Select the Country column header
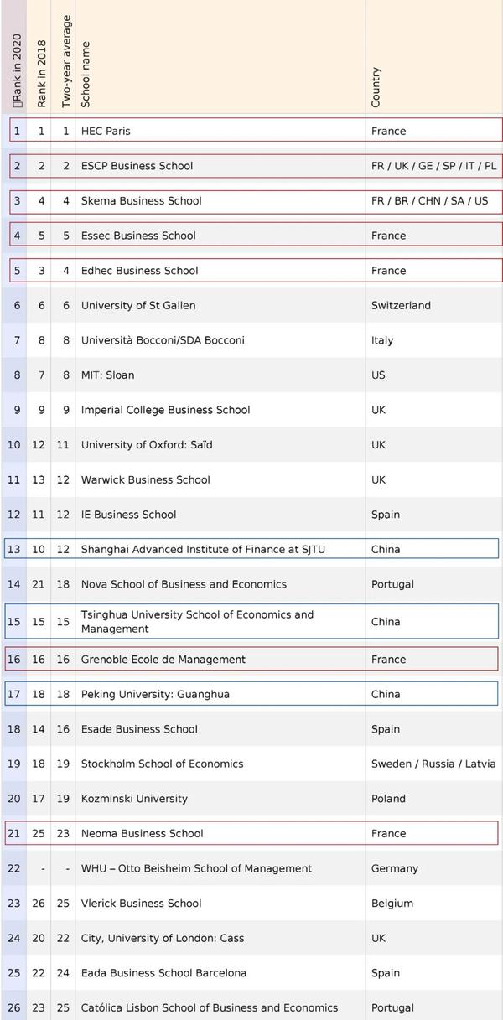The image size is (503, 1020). (376, 87)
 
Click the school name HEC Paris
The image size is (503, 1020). (106, 131)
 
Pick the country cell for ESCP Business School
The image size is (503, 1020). (433, 166)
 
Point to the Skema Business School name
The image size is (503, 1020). (141, 201)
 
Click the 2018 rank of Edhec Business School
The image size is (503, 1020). (41, 271)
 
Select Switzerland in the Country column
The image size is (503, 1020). (401, 306)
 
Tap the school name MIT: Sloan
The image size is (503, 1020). (107, 375)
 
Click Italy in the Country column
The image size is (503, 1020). (382, 340)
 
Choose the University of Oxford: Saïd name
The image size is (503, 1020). (147, 445)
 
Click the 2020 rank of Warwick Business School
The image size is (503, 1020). (14, 480)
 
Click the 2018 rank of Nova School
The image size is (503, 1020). (39, 584)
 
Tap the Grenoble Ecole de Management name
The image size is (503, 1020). (163, 660)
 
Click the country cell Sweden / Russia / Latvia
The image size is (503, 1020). (433, 764)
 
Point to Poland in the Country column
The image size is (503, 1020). (388, 799)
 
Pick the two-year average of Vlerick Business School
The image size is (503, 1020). (63, 904)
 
